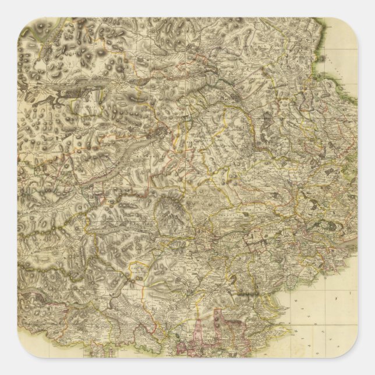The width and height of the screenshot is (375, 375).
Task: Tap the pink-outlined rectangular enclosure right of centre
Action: point(256,239)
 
